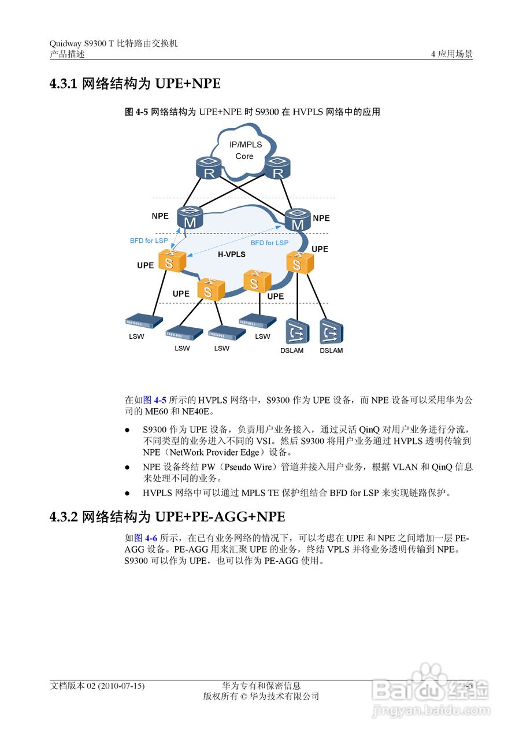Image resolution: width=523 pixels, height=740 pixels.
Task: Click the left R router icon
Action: (x=209, y=168)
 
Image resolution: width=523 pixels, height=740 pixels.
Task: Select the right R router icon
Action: (x=277, y=168)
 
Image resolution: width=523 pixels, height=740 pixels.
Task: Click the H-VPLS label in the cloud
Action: (x=231, y=254)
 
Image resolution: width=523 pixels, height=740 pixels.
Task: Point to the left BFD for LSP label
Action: (x=149, y=240)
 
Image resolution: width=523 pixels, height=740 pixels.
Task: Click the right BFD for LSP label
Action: (x=269, y=243)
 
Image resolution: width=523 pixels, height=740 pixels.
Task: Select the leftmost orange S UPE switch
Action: (x=170, y=261)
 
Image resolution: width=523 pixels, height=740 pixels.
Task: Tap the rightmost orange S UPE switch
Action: (x=299, y=263)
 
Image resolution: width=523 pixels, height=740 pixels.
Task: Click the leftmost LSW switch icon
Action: (x=143, y=321)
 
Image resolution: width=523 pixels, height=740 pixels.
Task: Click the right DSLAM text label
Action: (x=331, y=351)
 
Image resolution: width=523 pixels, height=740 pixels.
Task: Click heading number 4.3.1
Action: (x=64, y=84)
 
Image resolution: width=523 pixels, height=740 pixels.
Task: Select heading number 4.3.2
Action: (x=64, y=516)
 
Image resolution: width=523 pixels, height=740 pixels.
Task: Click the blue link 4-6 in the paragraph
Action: (x=151, y=538)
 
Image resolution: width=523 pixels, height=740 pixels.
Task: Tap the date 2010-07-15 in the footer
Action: (x=121, y=686)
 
